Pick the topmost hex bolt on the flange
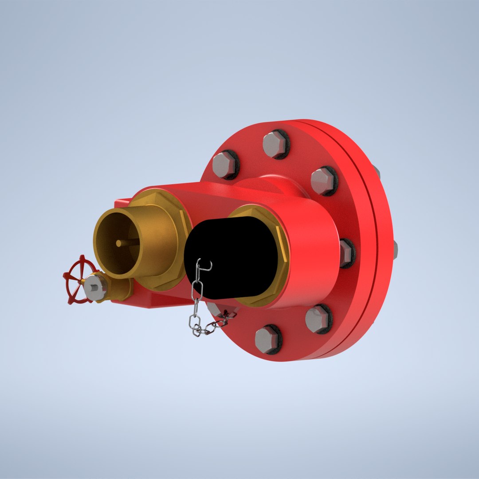pyautogui.click(x=275, y=144)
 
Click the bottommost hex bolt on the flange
pyautogui.click(x=267, y=339)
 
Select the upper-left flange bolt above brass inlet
pyautogui.click(x=224, y=165)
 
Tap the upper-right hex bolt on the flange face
pyautogui.click(x=323, y=181)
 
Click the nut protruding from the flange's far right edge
pyautogui.click(x=395, y=250)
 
